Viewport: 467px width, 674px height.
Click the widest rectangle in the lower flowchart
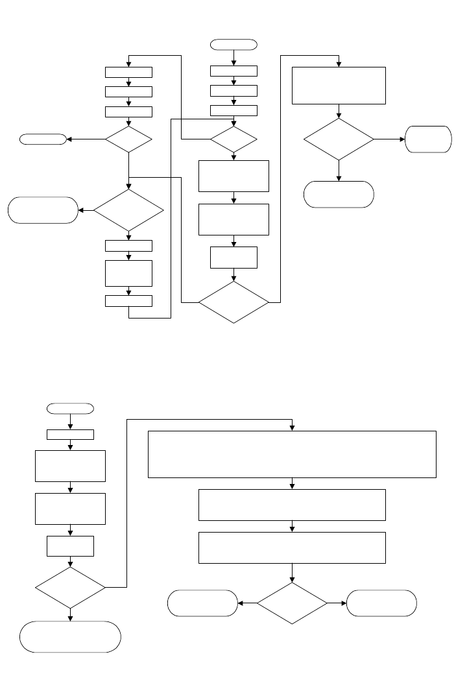click(x=292, y=454)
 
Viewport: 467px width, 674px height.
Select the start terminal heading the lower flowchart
click(x=70, y=408)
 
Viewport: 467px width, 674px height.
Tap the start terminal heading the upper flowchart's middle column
click(x=233, y=44)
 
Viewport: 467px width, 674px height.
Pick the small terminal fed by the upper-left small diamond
click(x=43, y=139)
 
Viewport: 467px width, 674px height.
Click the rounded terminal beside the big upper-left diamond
click(x=43, y=210)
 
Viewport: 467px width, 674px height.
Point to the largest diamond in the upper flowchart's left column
click(x=129, y=210)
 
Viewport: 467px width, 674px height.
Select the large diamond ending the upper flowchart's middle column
click(x=233, y=302)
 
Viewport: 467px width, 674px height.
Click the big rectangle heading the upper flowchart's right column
click(x=339, y=85)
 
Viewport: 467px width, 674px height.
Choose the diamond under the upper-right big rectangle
click(x=339, y=139)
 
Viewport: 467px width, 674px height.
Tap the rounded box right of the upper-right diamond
click(x=428, y=139)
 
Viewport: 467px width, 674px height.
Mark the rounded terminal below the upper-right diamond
click(x=339, y=194)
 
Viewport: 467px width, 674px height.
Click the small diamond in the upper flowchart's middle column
click(x=233, y=139)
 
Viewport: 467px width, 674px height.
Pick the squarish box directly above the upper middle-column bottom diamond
click(x=233, y=258)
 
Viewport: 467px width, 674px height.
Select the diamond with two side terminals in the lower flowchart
click(x=292, y=603)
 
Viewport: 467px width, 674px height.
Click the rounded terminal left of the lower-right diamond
click(x=202, y=603)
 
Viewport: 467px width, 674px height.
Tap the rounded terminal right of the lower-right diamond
click(x=382, y=603)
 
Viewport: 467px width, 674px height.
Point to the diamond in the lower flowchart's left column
click(x=70, y=588)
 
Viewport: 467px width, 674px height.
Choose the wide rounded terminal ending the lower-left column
click(x=70, y=636)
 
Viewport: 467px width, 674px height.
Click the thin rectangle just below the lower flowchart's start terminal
click(x=70, y=435)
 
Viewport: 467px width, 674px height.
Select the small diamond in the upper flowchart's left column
click(x=129, y=139)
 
